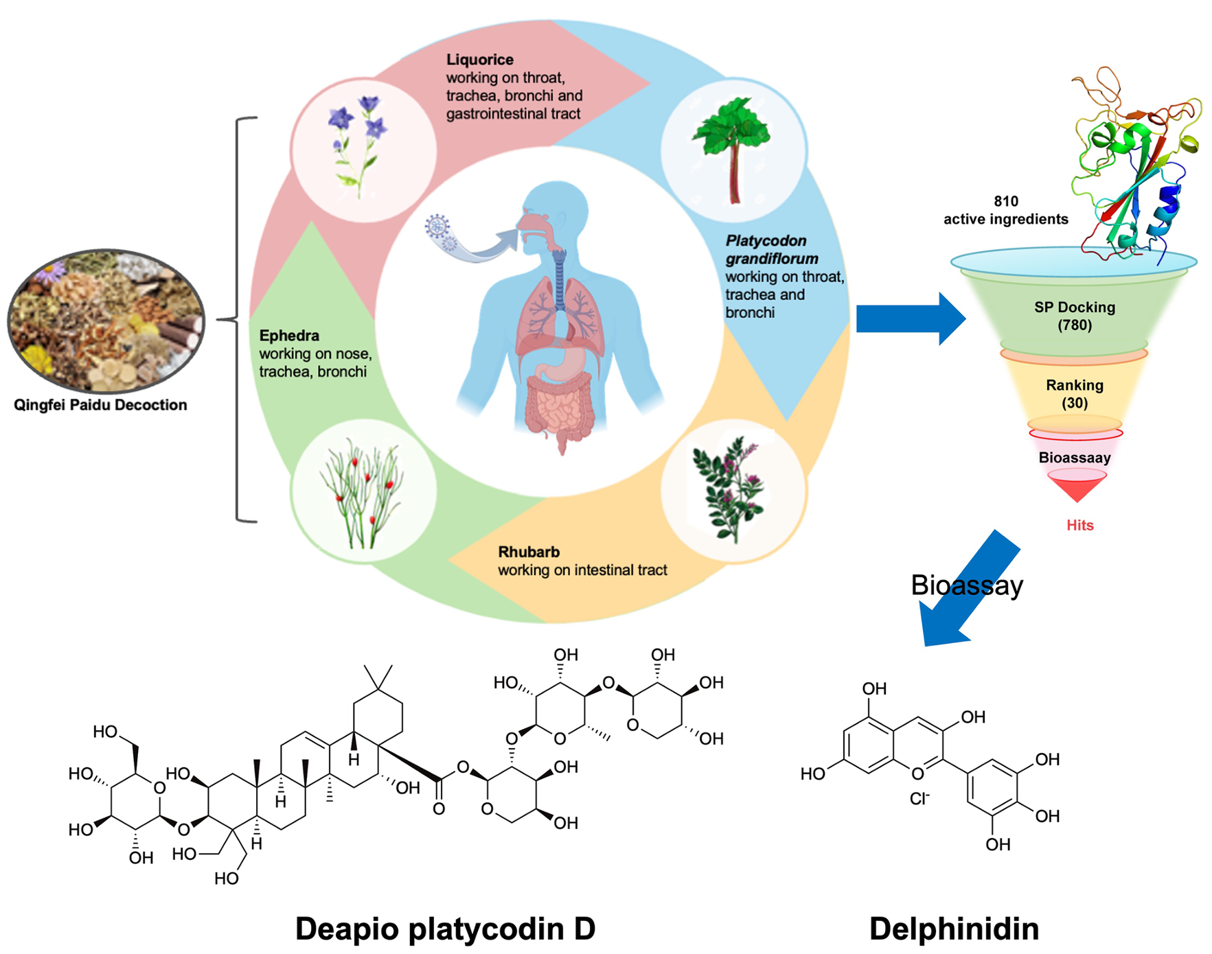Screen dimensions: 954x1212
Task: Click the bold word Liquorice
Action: click(x=479, y=60)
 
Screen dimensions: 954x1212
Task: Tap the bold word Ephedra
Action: click(x=289, y=336)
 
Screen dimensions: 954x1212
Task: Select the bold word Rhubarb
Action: click(x=529, y=552)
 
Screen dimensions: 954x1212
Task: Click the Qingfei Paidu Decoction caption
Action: click(x=100, y=405)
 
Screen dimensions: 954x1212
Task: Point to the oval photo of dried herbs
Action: click(x=106, y=321)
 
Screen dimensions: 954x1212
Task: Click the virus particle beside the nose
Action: click(x=438, y=227)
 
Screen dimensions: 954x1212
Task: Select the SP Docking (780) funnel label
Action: click(x=1075, y=316)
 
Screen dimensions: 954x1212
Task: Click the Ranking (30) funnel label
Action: click(x=1075, y=393)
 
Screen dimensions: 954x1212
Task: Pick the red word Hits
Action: click(x=1079, y=525)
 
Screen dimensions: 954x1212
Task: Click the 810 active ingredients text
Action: click(x=1005, y=210)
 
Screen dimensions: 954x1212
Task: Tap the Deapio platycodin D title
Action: click(x=445, y=929)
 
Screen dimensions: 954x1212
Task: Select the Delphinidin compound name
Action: click(x=954, y=929)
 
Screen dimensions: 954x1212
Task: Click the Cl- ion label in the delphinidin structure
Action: click(x=919, y=798)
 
